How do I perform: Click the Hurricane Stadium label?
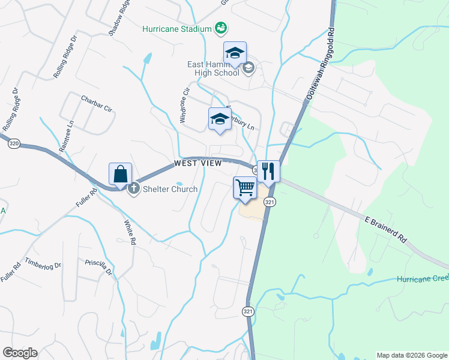pyautogui.click(x=177, y=29)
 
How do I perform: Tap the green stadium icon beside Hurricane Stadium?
pyautogui.click(x=221, y=28)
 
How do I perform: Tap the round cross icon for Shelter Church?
pyautogui.click(x=133, y=189)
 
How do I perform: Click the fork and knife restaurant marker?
pyautogui.click(x=268, y=172)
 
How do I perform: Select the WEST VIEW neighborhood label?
pyautogui.click(x=198, y=163)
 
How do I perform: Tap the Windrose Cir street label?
pyautogui.click(x=185, y=107)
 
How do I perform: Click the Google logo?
pyautogui.click(x=20, y=353)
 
